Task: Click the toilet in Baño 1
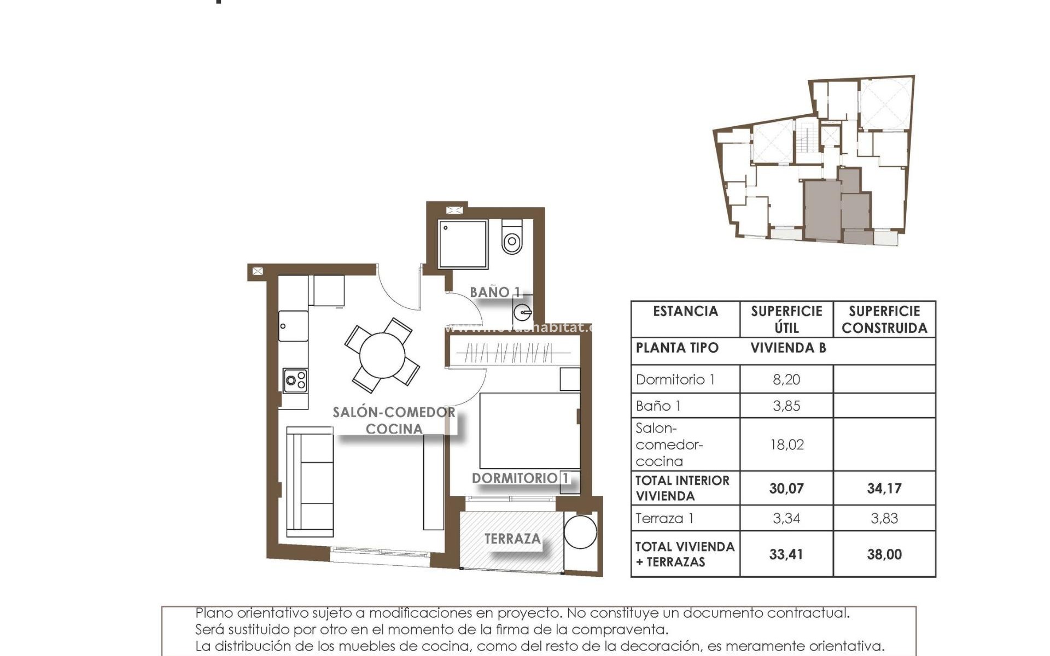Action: point(512,238)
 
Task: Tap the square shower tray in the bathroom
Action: point(463,244)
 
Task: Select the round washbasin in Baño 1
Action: point(522,313)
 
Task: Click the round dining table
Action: point(382,355)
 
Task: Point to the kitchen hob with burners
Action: point(295,380)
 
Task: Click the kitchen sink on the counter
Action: point(293,326)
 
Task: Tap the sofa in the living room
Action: point(310,482)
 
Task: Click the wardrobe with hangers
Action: point(513,352)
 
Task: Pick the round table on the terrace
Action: point(580,531)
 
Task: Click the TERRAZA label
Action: point(512,539)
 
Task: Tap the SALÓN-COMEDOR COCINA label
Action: point(394,420)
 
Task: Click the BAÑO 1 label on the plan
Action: point(495,292)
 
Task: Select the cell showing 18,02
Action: point(786,444)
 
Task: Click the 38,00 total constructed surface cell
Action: point(884,554)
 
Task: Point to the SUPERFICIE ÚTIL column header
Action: point(786,319)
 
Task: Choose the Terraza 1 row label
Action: point(665,518)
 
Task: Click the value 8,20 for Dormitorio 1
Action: point(786,379)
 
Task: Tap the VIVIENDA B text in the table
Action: point(787,348)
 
